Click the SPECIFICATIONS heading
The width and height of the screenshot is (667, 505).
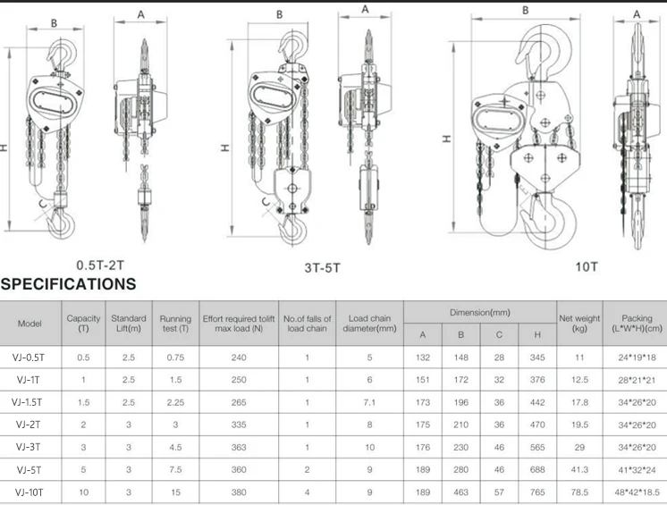tap(69, 284)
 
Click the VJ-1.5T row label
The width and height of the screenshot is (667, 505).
tap(30, 402)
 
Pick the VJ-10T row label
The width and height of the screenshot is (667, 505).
tap(30, 492)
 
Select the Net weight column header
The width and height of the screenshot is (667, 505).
tap(579, 323)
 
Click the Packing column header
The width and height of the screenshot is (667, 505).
tap(637, 323)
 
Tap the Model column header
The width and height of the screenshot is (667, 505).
tap(30, 323)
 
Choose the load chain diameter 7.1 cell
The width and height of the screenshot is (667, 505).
tap(369, 402)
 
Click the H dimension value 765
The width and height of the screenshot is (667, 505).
tap(537, 492)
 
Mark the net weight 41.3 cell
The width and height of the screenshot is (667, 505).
tap(579, 469)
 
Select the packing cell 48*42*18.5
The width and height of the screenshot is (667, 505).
tap(637, 492)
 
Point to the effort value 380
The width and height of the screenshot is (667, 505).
tap(238, 492)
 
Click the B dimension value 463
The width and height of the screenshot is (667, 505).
tap(461, 492)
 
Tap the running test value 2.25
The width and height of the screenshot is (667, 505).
tap(175, 402)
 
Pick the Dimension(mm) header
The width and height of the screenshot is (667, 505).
tap(479, 312)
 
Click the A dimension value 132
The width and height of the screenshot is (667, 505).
tap(423, 357)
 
